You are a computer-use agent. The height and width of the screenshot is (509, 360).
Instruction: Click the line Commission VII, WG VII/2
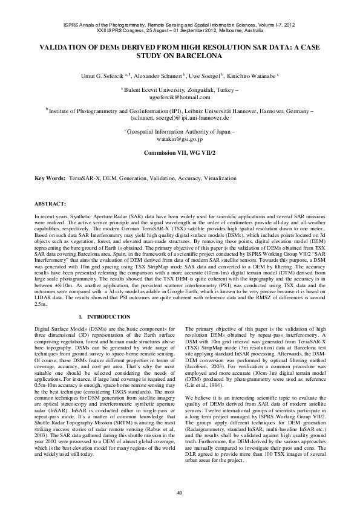(x=180, y=153)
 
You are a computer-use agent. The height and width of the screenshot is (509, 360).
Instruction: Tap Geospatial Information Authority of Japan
(x=181, y=131)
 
